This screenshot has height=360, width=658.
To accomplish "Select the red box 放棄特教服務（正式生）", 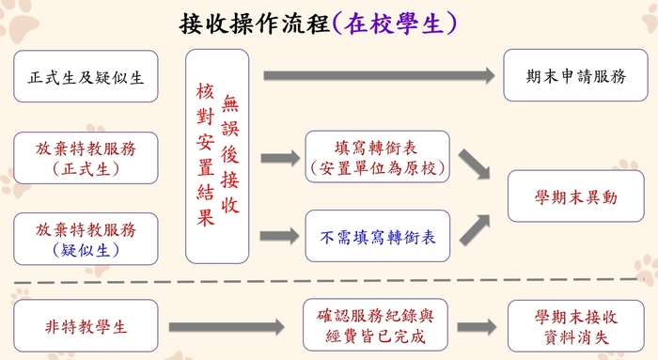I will coord(86,157).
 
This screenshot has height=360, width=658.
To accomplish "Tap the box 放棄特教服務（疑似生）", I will coord(86,238).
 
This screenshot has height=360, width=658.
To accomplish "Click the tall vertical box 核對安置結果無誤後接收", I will coord(217,155).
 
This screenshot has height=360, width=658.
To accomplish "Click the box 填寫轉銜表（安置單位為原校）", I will coord(379,157).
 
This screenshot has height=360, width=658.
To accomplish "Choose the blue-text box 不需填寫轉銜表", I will coord(379,237).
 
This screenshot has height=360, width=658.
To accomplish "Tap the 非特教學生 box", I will coord(86,325).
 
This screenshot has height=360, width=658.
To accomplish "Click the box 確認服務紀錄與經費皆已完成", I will coord(379,325).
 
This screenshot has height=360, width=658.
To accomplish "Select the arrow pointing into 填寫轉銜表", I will coord(276,158).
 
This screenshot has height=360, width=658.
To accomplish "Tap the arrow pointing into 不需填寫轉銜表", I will coord(276,237).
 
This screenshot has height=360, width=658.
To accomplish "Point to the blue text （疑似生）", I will coord(86,250).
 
